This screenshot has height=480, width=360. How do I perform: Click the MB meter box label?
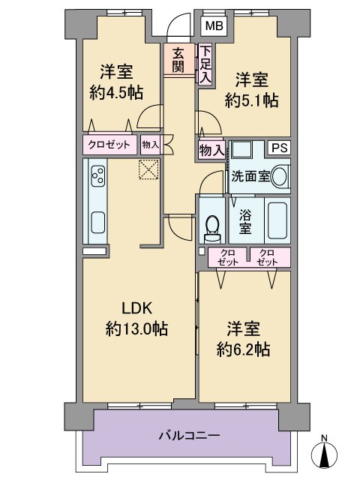tap(214, 26)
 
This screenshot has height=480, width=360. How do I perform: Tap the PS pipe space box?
tap(280, 148)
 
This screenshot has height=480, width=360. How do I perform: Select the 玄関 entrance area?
tap(179, 59)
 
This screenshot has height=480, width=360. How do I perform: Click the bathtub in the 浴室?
tap(277, 220)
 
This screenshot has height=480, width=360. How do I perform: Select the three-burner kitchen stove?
tap(98, 176)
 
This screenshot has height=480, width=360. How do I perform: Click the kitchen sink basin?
tap(98, 222)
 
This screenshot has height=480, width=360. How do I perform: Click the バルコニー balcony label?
tap(189, 435)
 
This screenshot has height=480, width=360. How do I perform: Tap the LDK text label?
tap(136, 308)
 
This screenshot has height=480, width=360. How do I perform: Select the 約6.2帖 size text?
tap(243, 349)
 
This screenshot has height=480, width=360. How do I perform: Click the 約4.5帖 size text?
tap(116, 92)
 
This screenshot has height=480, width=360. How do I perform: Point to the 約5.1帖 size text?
tap(252, 100)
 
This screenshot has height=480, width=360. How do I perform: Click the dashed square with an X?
tap(149, 169)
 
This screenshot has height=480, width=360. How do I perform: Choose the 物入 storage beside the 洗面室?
tap(211, 150)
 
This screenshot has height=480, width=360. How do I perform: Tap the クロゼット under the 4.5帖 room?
tap(109, 145)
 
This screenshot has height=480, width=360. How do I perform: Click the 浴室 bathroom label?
tap(245, 220)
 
